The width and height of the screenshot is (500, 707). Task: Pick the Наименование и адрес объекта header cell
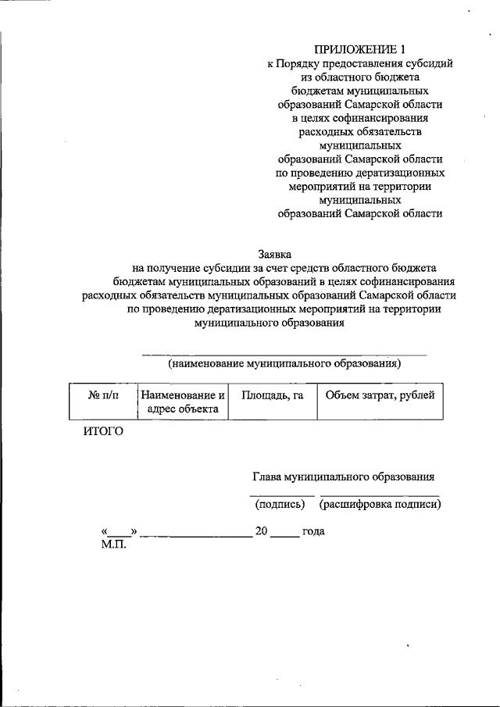click(x=182, y=402)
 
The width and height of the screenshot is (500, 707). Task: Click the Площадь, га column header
click(x=272, y=395)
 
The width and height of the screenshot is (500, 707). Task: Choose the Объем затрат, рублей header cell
click(x=380, y=395)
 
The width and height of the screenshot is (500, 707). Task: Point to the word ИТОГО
click(x=103, y=431)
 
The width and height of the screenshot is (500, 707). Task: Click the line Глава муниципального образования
click(x=343, y=477)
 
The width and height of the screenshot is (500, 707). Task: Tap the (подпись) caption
click(x=280, y=505)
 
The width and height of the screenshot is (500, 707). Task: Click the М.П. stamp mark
click(x=114, y=544)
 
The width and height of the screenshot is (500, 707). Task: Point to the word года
click(x=313, y=531)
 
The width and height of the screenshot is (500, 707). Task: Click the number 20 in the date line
click(x=262, y=531)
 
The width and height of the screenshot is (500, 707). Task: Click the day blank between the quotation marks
click(x=120, y=533)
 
